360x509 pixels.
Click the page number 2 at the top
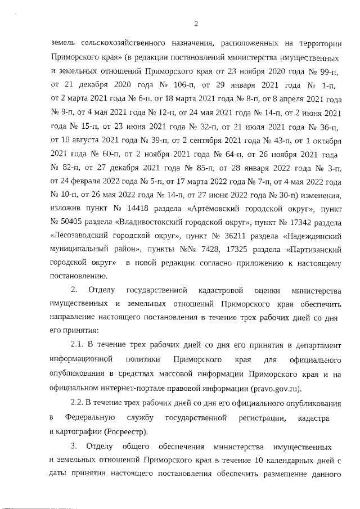(x=196, y=24)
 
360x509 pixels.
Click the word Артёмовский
(x=219, y=210)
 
